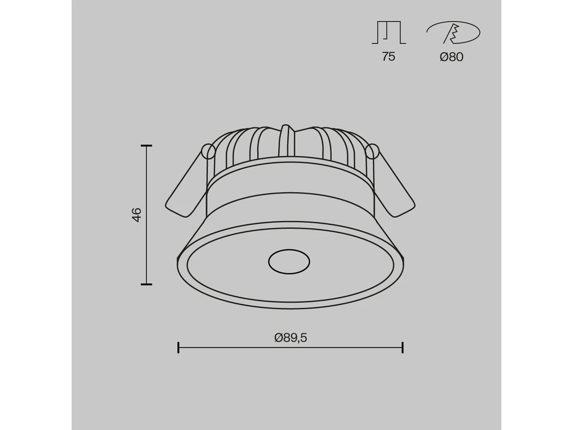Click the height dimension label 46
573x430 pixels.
(x=137, y=215)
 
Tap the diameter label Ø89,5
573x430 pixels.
(x=290, y=338)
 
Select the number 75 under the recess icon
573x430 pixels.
(x=388, y=57)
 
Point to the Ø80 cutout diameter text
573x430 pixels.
(x=451, y=57)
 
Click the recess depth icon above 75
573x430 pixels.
(x=389, y=32)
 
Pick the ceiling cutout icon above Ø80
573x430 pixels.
(x=453, y=32)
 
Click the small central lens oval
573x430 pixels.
(x=289, y=262)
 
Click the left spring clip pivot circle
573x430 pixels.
(x=208, y=151)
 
